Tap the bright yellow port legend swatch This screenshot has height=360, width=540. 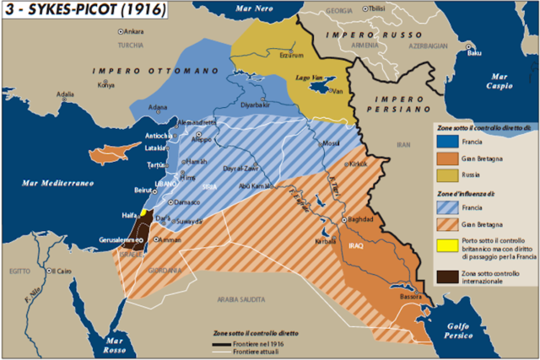443,247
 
